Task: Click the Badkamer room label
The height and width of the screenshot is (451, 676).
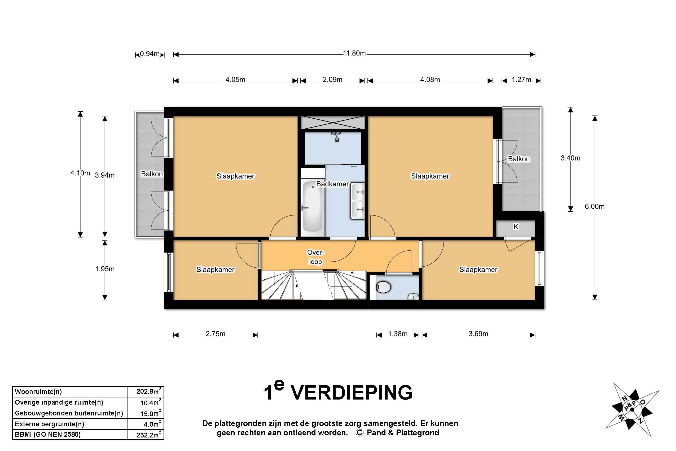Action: click(x=332, y=184)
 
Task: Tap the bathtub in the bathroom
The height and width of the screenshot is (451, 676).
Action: click(x=313, y=206)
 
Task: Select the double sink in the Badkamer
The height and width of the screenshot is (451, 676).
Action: click(x=358, y=201)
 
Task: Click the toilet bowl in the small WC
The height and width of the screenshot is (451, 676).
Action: click(x=384, y=287)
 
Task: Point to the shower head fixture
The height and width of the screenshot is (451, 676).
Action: click(x=336, y=136)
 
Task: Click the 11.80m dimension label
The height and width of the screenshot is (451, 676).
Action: click(x=354, y=54)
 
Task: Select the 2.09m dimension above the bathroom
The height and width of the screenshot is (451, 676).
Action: click(x=332, y=80)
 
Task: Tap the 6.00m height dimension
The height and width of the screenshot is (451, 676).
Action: click(x=594, y=206)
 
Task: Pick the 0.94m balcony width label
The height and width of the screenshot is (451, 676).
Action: click(x=150, y=54)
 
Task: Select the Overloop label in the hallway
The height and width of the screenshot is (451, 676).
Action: click(x=315, y=257)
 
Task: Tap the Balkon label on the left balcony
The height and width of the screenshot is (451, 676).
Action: click(x=152, y=174)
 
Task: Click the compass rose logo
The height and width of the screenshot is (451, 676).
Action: click(x=632, y=409)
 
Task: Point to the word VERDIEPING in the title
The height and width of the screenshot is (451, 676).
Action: click(x=352, y=393)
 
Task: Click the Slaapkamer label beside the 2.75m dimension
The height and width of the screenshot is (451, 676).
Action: click(x=215, y=270)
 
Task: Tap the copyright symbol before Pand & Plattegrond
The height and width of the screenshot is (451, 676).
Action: click(x=359, y=433)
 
